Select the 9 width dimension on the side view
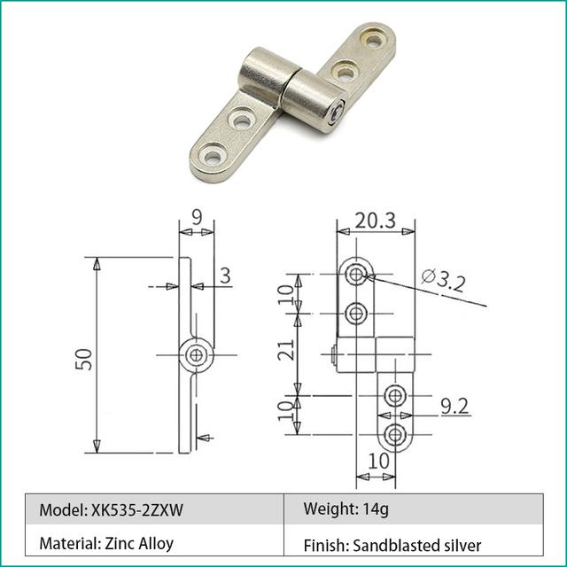point(196,215)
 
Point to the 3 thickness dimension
point(225,276)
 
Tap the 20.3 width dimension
point(377,220)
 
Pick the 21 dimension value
point(285,352)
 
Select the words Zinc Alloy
point(141,543)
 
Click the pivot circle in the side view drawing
point(197,356)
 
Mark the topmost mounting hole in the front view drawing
point(356,275)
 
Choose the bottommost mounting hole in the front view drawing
point(395,434)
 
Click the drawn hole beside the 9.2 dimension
point(395,395)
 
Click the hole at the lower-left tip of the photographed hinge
point(213,158)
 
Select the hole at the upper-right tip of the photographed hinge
point(374,39)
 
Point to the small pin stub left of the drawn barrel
point(331,356)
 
